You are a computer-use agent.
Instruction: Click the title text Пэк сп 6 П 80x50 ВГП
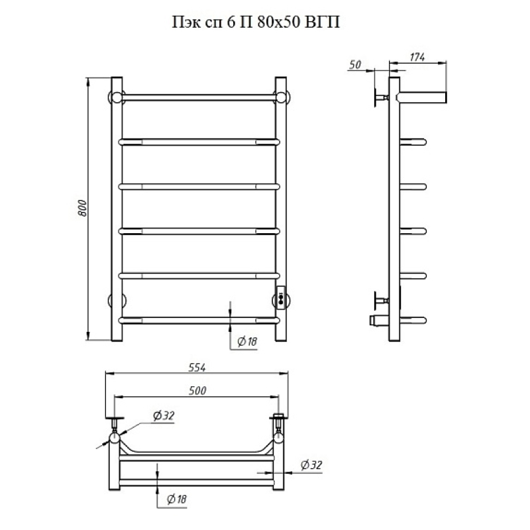click(x=256, y=23)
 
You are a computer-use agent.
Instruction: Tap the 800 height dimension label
click(x=82, y=208)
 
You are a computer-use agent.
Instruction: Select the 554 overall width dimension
click(x=197, y=368)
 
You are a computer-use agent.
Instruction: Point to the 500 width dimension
click(x=197, y=390)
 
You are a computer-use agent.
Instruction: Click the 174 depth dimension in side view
click(x=417, y=57)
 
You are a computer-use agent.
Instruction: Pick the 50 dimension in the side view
click(x=355, y=64)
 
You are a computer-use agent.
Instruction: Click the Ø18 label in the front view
click(x=247, y=342)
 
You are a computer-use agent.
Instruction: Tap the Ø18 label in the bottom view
click(x=176, y=499)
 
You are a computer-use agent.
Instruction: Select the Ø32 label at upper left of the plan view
click(x=164, y=415)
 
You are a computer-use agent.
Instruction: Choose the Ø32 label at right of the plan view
click(x=311, y=465)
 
